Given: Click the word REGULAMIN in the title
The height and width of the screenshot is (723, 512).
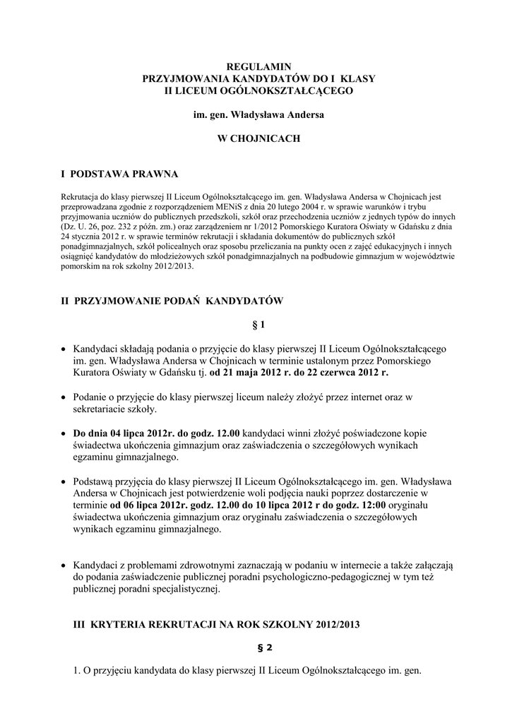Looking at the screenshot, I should click(258, 65).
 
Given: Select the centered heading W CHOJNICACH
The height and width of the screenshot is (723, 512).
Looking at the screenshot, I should click(258, 139).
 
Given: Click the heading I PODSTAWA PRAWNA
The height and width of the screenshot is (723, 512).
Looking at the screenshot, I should click(120, 173).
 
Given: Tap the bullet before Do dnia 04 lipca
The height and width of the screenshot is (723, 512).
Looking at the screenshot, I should click(65, 433).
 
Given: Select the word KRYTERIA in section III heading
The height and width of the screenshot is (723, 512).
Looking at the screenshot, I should click(120, 624).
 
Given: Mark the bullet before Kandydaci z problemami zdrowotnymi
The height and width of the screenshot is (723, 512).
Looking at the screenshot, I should click(65, 566).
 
